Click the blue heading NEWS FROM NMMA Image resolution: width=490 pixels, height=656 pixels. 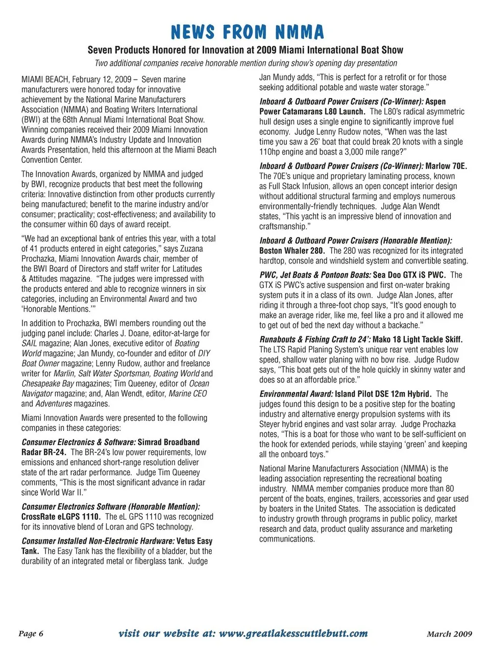click(x=247, y=32)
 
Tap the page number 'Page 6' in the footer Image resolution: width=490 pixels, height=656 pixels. click(x=31, y=634)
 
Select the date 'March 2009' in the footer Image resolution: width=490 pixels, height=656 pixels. click(x=449, y=634)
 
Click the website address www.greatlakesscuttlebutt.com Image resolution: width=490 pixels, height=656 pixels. click(x=293, y=634)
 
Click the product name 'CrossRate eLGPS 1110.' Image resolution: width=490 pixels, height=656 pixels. click(x=61, y=517)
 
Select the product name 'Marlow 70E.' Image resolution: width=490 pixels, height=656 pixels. click(x=446, y=166)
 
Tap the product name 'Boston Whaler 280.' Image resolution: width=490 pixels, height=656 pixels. click(x=291, y=251)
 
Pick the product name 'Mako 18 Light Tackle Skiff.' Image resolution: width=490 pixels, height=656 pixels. click(x=418, y=339)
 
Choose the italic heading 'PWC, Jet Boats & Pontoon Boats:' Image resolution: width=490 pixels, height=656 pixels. click(x=315, y=275)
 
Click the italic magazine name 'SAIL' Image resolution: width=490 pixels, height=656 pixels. click(x=29, y=343)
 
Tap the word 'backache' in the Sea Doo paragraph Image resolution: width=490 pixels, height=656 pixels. click(x=401, y=325)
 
